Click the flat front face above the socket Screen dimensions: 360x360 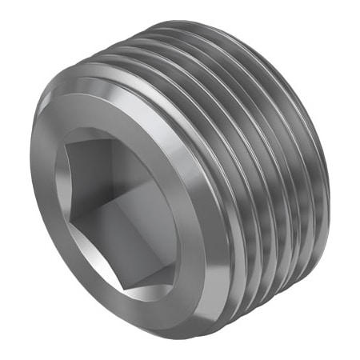pyautogui.click(x=112, y=120)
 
